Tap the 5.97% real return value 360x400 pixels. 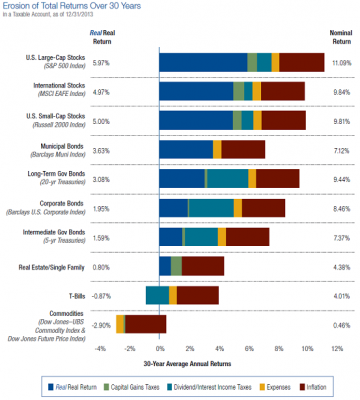click(99, 63)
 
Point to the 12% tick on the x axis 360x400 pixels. click(337, 348)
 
